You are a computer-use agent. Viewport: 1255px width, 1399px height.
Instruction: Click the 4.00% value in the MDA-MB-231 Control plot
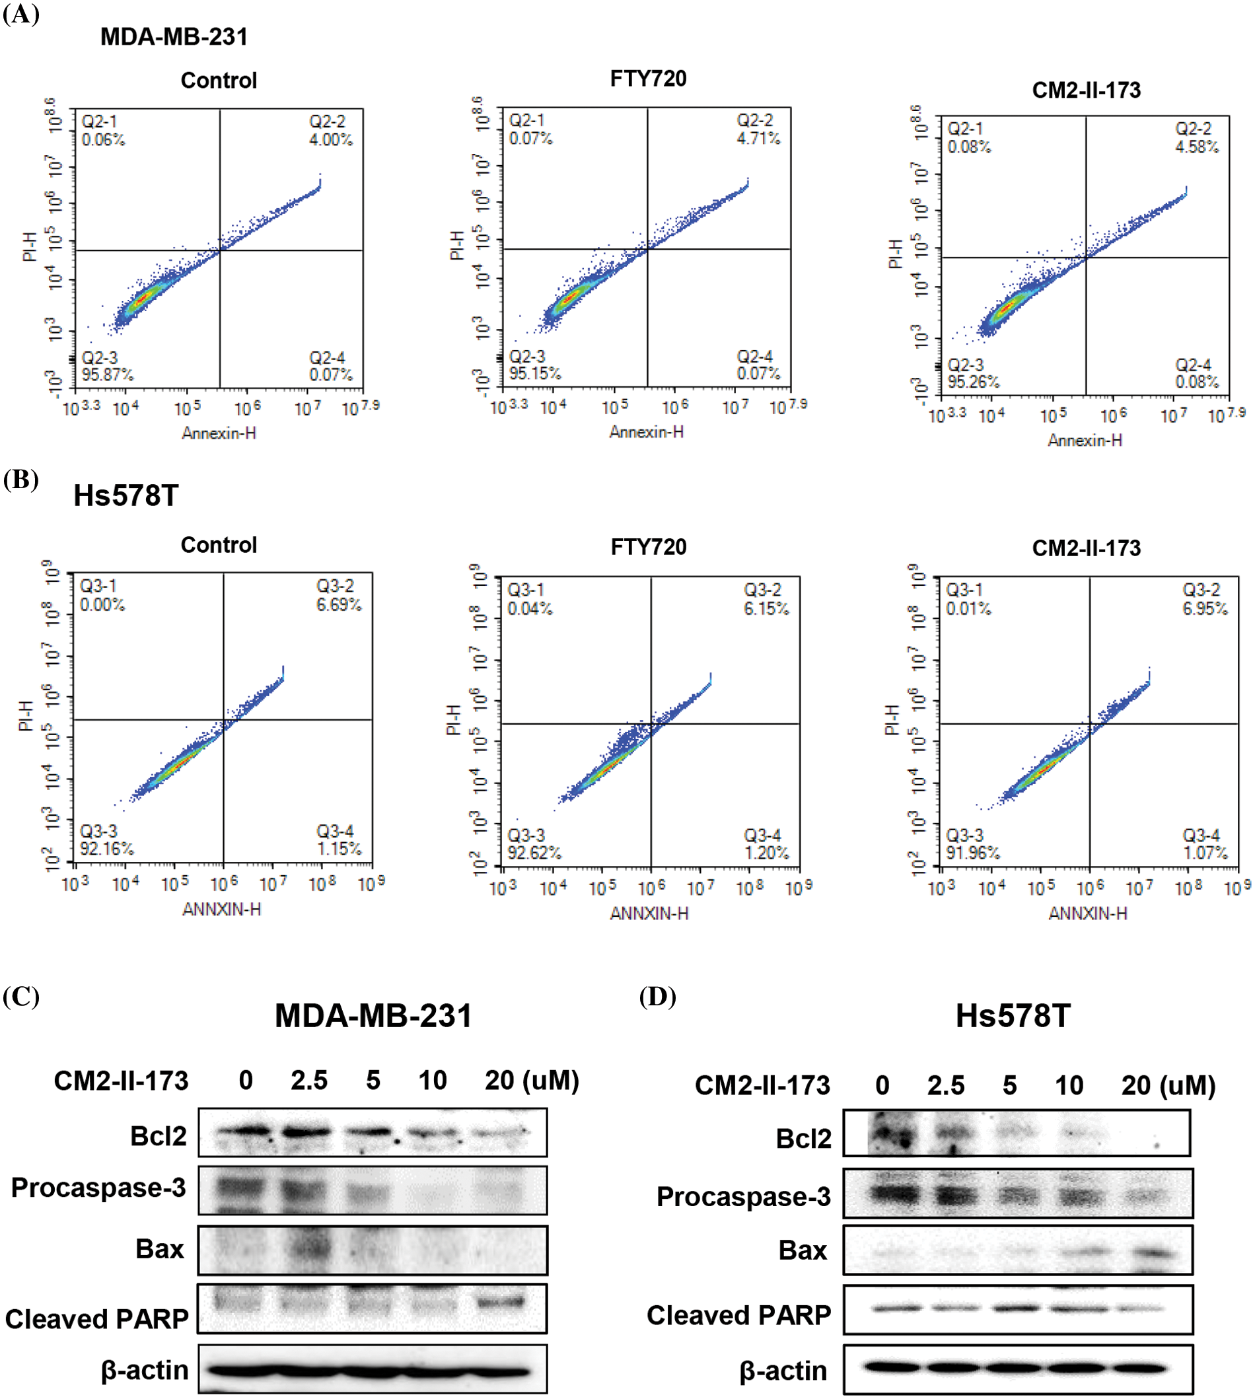(330, 139)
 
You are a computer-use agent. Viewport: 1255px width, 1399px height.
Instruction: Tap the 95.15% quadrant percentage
(534, 374)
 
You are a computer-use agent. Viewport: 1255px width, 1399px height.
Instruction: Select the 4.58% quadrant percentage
(1196, 147)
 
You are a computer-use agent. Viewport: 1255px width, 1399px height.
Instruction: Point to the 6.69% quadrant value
(339, 604)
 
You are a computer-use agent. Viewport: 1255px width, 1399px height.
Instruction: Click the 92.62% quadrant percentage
(534, 853)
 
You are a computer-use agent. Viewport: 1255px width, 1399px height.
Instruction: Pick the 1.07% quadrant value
(1205, 853)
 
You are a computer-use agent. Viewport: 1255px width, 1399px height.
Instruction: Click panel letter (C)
(20, 997)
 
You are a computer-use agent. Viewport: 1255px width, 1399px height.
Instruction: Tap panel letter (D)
(657, 997)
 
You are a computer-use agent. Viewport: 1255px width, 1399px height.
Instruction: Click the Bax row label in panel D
(803, 1250)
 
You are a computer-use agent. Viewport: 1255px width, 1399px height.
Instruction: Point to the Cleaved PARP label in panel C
(96, 1319)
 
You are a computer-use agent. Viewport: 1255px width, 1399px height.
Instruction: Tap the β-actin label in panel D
(783, 1371)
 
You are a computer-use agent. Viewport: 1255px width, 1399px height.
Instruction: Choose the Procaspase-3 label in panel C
(98, 1188)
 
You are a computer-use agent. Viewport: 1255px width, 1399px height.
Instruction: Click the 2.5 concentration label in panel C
(309, 1081)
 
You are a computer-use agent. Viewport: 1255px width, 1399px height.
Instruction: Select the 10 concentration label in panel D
(1069, 1086)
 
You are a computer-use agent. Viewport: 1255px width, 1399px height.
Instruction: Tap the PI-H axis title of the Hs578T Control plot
(26, 716)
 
